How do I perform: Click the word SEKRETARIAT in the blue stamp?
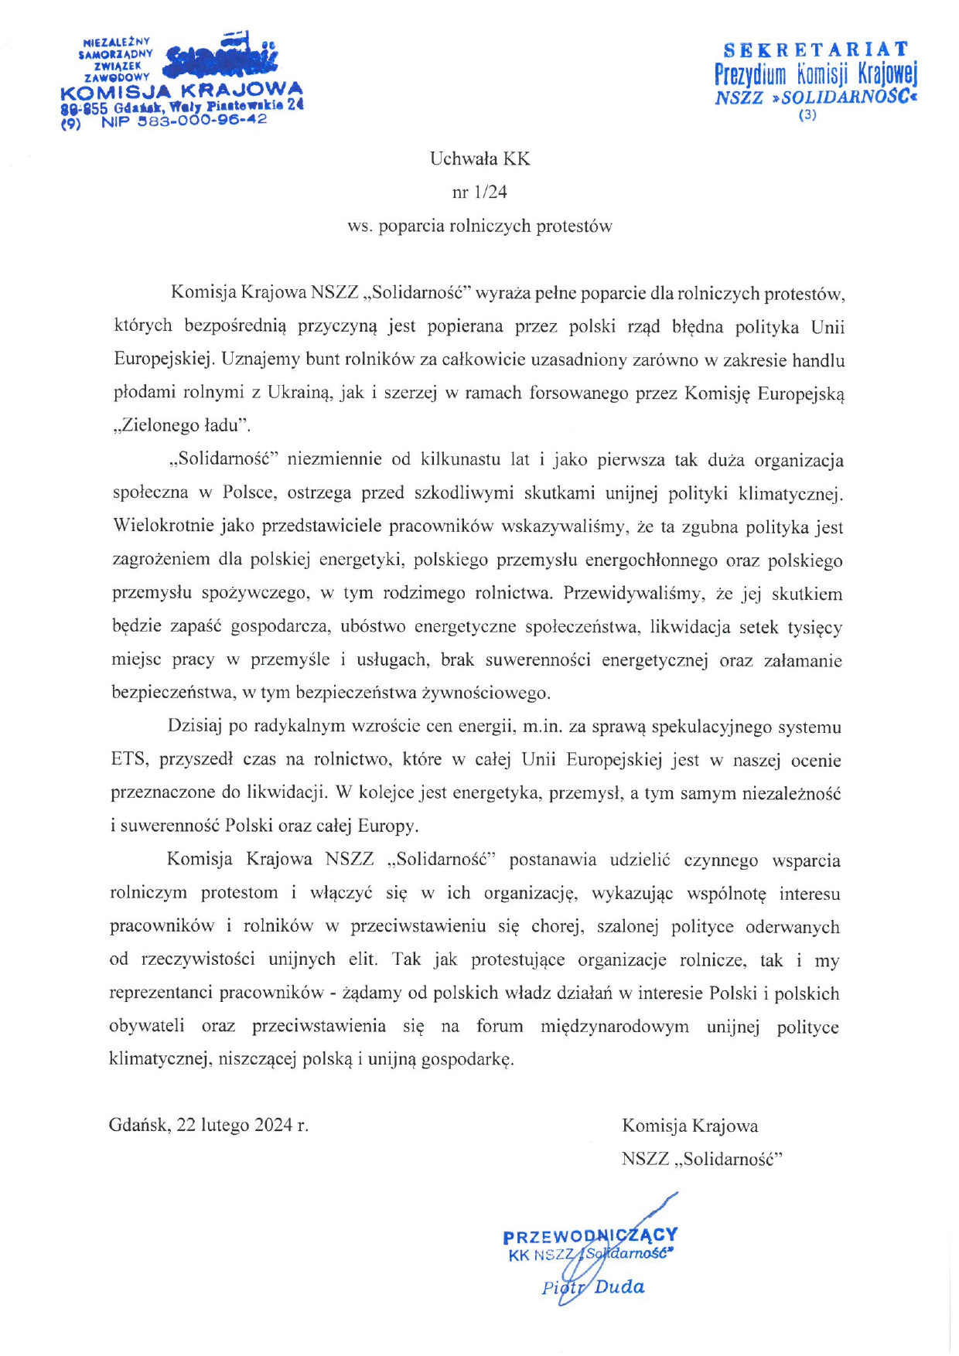[815, 50]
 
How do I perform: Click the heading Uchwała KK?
[479, 159]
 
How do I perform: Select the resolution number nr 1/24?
[479, 192]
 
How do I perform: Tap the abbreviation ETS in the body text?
[128, 760]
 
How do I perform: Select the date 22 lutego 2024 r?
[242, 1125]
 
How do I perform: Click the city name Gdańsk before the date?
[138, 1125]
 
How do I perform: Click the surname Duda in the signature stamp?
[619, 1287]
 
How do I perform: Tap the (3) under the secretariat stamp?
[807, 116]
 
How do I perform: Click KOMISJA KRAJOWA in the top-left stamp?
[181, 91]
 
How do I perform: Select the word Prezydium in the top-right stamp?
[749, 75]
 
